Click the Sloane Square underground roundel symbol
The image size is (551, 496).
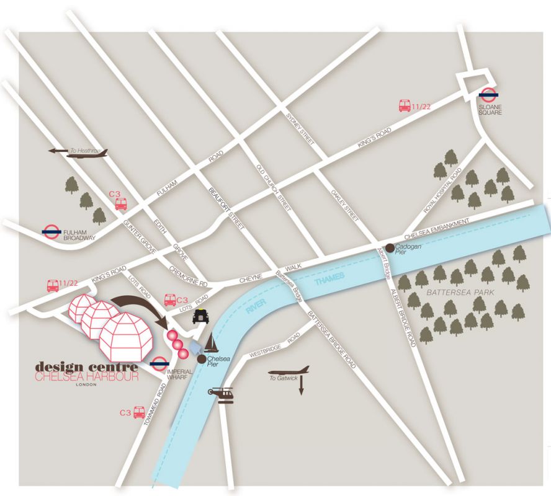[488, 95]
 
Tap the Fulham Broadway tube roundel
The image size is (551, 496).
[52, 231]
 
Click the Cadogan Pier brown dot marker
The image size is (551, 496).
[390, 248]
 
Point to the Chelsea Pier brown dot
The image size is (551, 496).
[201, 358]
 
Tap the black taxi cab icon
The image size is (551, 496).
[199, 316]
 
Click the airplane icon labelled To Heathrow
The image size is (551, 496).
[87, 153]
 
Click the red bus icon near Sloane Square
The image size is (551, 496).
[405, 106]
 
